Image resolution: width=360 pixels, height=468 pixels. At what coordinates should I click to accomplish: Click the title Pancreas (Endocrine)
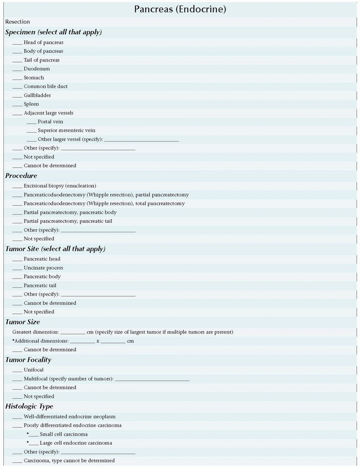pyautogui.click(x=180, y=9)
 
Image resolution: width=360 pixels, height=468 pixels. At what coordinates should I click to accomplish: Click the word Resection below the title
pyautogui.click(x=18, y=21)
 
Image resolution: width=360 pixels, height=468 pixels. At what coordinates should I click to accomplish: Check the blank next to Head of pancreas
pyautogui.click(x=17, y=43)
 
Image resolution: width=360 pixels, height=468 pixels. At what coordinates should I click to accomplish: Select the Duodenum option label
pyautogui.click(x=36, y=69)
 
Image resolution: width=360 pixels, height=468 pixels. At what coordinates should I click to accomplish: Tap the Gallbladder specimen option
pyautogui.click(x=38, y=95)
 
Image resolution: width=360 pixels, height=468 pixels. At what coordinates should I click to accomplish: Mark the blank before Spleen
pyautogui.click(x=17, y=105)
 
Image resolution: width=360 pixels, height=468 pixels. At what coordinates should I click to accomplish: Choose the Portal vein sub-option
pyautogui.click(x=51, y=122)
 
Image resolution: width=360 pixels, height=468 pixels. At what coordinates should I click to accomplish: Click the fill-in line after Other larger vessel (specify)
pyautogui.click(x=141, y=140)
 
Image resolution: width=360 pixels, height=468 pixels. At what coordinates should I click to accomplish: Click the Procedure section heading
pyautogui.click(x=21, y=176)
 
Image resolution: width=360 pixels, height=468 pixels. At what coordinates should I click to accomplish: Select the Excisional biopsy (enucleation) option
pyautogui.click(x=59, y=186)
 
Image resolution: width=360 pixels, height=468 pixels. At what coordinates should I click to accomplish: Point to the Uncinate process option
pyautogui.click(x=43, y=268)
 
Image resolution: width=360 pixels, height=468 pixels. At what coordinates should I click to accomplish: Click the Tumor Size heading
pyautogui.click(x=23, y=322)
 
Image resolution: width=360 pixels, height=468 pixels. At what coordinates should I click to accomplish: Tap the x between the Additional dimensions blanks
pyautogui.click(x=98, y=341)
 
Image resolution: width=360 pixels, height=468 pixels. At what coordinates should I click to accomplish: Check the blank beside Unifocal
pyautogui.click(x=17, y=371)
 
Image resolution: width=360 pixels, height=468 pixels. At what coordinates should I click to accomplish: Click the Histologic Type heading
pyautogui.click(x=29, y=406)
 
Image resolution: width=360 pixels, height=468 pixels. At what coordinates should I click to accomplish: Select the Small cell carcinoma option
pyautogui.click(x=63, y=434)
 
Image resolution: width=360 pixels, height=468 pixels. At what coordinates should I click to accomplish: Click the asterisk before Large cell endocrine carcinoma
pyautogui.click(x=28, y=442)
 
